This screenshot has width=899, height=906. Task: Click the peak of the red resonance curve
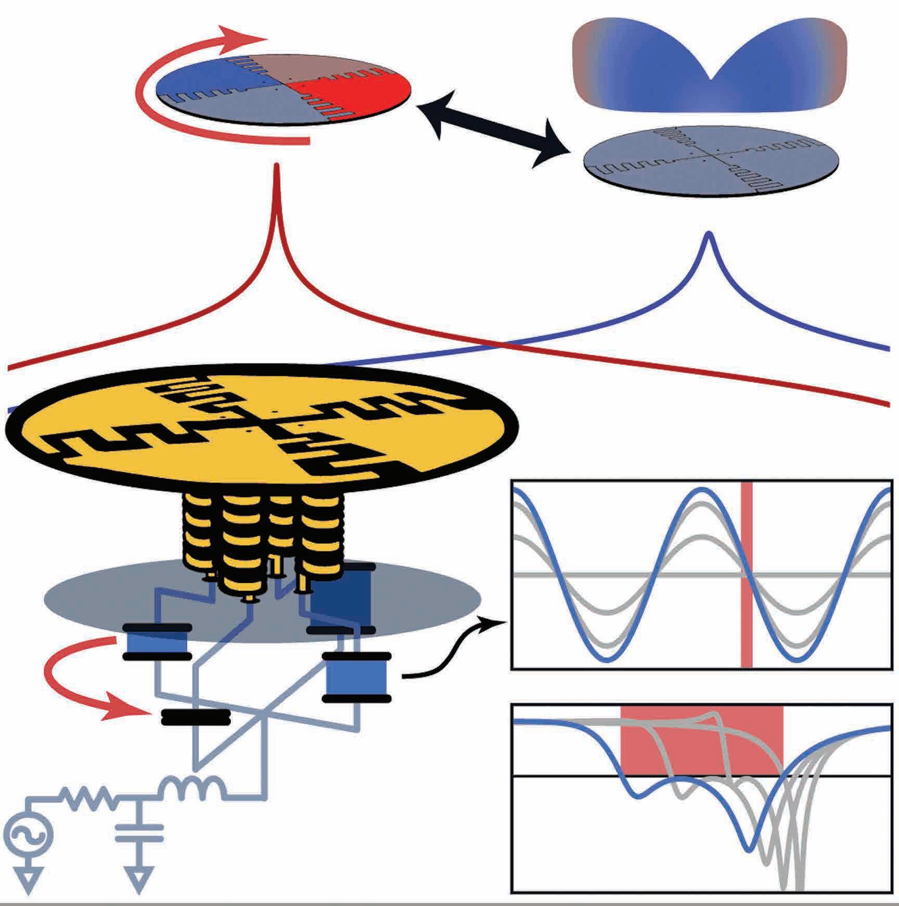tap(277, 167)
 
